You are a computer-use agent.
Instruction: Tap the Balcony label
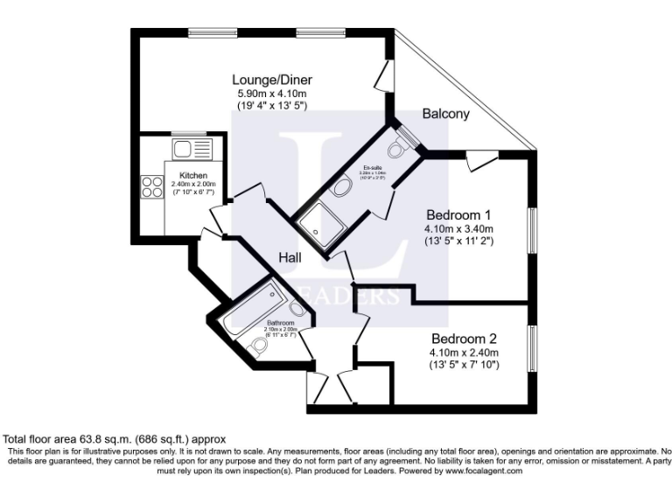pyautogui.click(x=445, y=114)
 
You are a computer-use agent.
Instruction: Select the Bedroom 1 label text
pyautogui.click(x=458, y=214)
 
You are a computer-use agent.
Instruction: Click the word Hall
pyautogui.click(x=290, y=257)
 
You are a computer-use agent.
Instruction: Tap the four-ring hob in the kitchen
pyautogui.click(x=151, y=187)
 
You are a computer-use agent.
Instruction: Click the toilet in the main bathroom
pyautogui.click(x=257, y=346)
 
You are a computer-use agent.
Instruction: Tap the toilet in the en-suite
pyautogui.click(x=398, y=147)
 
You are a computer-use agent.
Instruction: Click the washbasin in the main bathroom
pyautogui.click(x=295, y=309)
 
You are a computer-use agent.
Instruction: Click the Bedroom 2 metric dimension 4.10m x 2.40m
pyautogui.click(x=463, y=353)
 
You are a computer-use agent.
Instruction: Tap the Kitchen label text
pyautogui.click(x=192, y=175)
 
